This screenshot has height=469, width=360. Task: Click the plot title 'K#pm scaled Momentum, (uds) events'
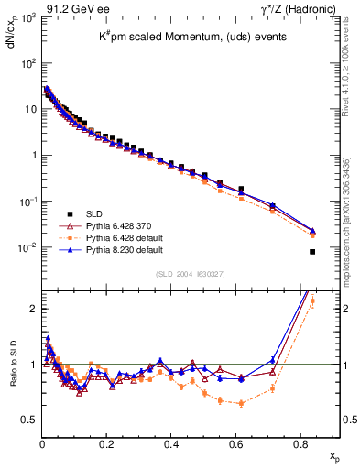(187, 36)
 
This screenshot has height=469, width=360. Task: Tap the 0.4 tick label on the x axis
(171, 445)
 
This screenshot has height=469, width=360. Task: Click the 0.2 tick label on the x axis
(106, 445)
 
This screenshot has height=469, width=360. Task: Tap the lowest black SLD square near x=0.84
(313, 252)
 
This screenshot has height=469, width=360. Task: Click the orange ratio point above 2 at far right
(312, 300)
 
